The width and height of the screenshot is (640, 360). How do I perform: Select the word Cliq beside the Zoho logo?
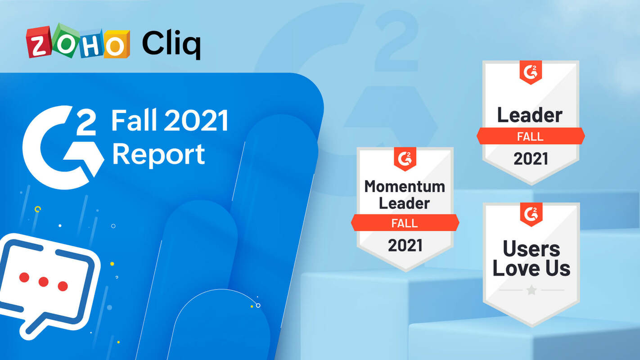coord(171,44)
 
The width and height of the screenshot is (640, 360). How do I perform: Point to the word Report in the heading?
coord(158,154)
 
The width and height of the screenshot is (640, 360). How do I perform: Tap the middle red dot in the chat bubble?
coord(44,282)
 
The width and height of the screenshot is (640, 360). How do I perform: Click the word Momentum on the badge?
coord(405,186)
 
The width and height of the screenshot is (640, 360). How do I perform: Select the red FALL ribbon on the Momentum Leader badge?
coord(405,223)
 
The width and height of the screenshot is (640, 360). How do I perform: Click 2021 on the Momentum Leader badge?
coord(405,245)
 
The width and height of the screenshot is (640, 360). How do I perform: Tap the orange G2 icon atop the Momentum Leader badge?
coord(405,159)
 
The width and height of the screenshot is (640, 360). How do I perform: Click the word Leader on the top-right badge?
coord(530,116)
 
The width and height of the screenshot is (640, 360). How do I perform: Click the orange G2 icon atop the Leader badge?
coord(531,72)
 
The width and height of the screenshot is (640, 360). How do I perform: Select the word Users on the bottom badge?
coord(532,248)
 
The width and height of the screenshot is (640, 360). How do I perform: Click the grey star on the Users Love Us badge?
coord(532,290)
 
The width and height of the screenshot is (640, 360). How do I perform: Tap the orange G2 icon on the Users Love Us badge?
coord(531,214)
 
